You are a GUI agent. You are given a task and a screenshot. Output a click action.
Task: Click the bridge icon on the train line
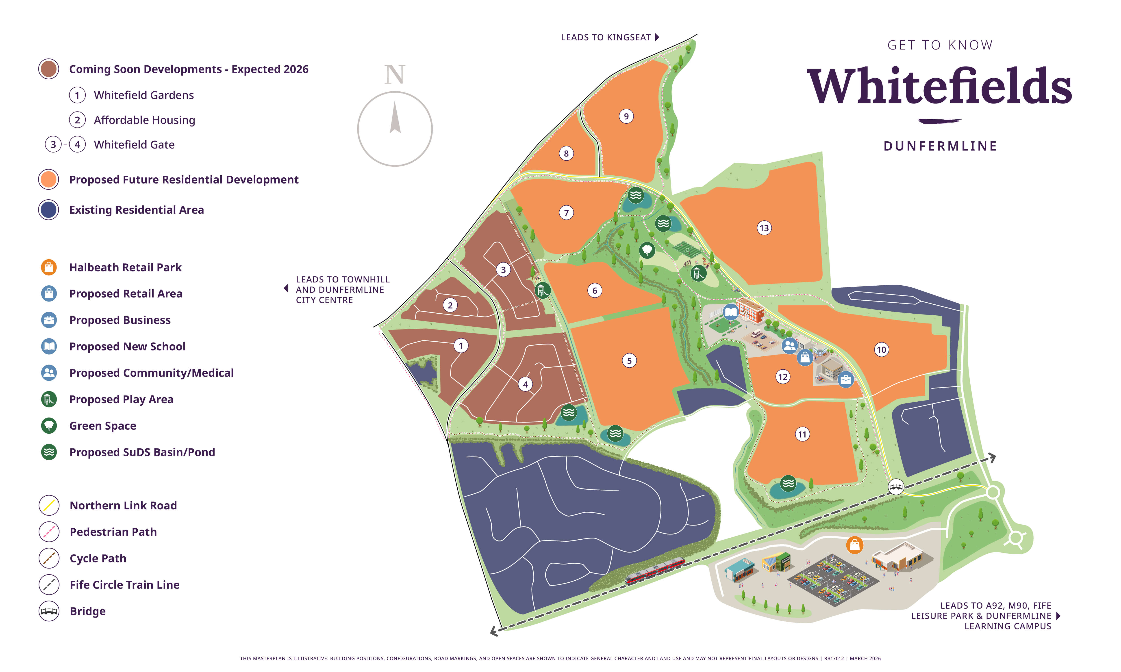coord(896,487)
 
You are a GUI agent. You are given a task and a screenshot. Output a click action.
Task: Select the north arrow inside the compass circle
coord(395,118)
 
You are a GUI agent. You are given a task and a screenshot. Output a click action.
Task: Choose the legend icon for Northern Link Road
coord(49,505)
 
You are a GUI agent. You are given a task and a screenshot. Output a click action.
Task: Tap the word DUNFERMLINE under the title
coord(940,146)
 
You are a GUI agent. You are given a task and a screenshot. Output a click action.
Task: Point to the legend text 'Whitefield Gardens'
coord(144,95)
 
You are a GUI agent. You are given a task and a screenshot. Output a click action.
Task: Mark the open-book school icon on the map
coord(730,312)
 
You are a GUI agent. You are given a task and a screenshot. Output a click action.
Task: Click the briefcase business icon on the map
coord(845,379)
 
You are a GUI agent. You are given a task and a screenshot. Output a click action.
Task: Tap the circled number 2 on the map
coord(450,305)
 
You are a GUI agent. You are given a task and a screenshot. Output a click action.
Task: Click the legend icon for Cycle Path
coord(49,558)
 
